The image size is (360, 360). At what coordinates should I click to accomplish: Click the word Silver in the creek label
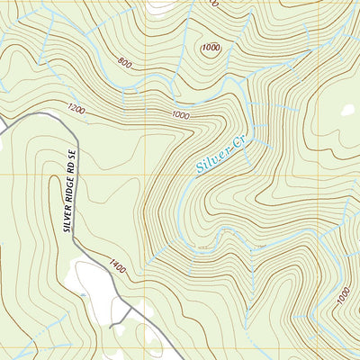(x=212, y=159)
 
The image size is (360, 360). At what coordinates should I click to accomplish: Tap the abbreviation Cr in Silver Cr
(x=238, y=139)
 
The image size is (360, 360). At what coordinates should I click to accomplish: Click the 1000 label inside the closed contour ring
(x=211, y=48)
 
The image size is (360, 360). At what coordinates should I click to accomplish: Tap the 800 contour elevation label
(x=124, y=64)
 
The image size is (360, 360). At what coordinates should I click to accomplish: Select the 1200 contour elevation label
(x=76, y=109)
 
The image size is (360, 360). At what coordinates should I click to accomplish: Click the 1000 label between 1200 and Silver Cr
(x=180, y=115)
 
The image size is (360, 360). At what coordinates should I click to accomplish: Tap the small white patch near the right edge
(x=348, y=111)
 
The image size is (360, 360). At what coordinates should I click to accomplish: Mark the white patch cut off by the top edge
(x=162, y=4)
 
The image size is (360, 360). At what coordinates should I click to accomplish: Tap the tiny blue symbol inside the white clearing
(x=84, y=292)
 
